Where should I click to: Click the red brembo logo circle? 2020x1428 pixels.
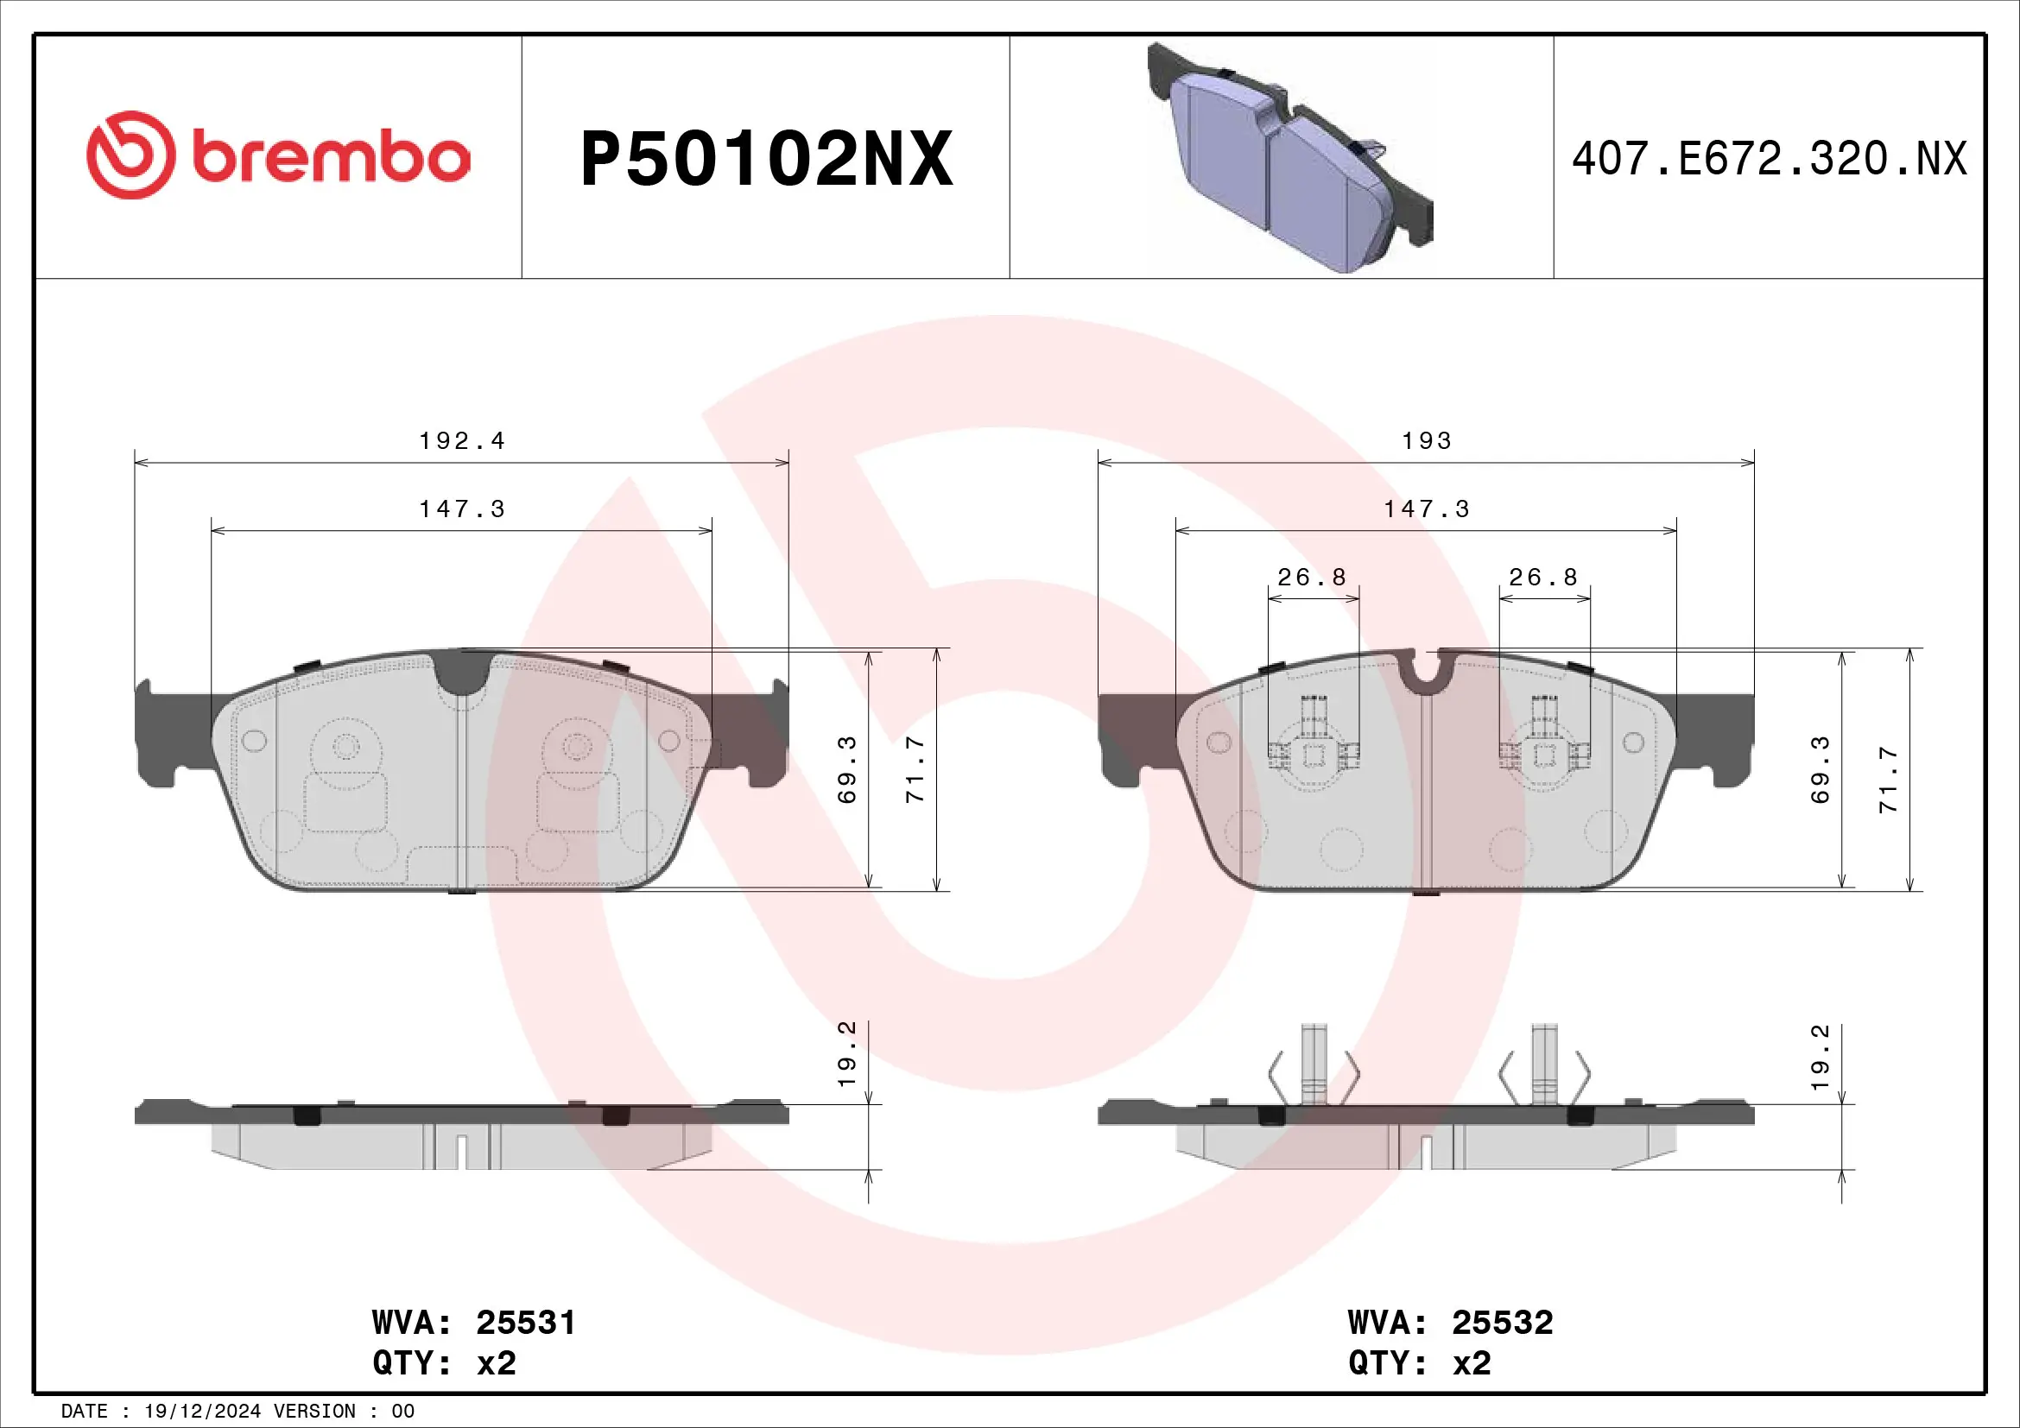point(130,155)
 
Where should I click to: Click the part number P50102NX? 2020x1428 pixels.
point(766,159)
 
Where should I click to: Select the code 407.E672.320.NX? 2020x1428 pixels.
point(1769,159)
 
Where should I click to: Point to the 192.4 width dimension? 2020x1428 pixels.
point(462,440)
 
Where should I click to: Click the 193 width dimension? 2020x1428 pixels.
point(1426,440)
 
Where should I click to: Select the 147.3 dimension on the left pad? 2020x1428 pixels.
point(462,509)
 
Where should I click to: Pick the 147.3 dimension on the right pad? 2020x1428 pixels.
point(1426,509)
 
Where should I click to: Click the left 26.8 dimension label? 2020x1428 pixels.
point(1312,578)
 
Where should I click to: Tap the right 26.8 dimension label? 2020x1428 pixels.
point(1543,578)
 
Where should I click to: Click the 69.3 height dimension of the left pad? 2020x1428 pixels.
point(847,770)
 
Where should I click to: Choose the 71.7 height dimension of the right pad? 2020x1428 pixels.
point(1888,779)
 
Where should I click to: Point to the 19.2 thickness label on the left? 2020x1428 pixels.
point(847,1053)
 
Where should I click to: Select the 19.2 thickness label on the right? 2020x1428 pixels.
point(1821,1057)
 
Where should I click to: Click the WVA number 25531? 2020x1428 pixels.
point(525,1323)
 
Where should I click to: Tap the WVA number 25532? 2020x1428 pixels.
point(1502,1323)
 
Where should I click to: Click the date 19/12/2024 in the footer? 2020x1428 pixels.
point(202,1412)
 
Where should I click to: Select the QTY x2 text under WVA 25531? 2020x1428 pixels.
point(444,1363)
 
